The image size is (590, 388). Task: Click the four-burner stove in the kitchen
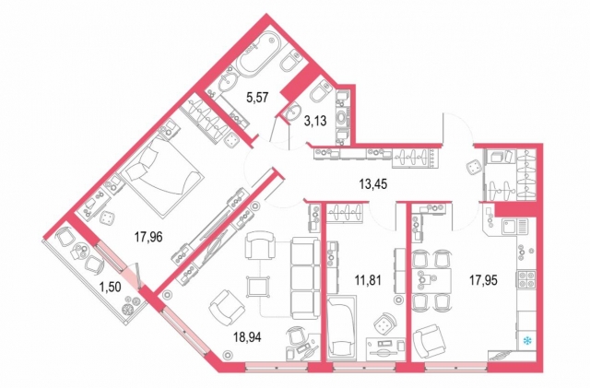[529, 281]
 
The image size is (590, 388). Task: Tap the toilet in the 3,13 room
[320, 95]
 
